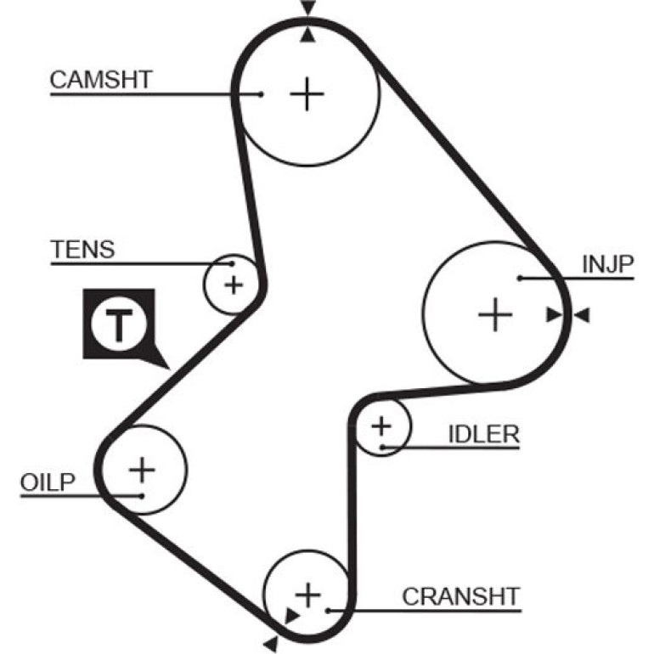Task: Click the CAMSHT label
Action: [101, 80]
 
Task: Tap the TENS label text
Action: [82, 250]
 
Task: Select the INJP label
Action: [607, 264]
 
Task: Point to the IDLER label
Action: [484, 434]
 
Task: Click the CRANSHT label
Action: [461, 596]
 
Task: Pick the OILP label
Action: [48, 482]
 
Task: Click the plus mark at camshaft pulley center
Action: [307, 93]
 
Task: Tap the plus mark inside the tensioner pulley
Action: [234, 285]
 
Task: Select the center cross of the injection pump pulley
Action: [495, 314]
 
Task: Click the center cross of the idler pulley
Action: [381, 426]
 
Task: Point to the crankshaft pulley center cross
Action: [307, 595]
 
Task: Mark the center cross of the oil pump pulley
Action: [142, 470]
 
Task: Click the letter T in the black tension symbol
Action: [119, 324]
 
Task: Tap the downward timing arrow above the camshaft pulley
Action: [307, 8]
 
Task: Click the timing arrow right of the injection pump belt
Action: [583, 315]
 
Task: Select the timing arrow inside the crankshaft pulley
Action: [291, 616]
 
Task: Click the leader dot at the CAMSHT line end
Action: [261, 94]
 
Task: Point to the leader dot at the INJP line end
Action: [520, 279]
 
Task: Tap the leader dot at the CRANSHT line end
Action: [328, 611]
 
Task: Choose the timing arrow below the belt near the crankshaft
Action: [271, 644]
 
